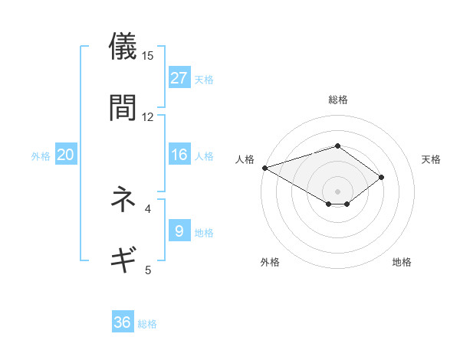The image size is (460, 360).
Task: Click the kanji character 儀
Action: point(123,47)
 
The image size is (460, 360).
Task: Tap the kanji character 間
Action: point(123,108)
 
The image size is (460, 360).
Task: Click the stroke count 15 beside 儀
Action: point(148,55)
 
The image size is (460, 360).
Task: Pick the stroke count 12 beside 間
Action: point(148,116)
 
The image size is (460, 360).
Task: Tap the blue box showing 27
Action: point(179,77)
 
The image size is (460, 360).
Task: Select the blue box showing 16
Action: point(179,155)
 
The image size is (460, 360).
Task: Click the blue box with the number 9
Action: point(179,231)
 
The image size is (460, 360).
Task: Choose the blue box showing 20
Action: point(65,155)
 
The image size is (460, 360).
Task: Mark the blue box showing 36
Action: point(123,322)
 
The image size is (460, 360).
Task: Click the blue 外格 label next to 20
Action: point(41,155)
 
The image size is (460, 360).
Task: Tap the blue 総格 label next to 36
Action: point(147,324)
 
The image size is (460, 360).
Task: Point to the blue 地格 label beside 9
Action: point(204,232)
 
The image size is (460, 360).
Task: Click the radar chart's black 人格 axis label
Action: point(245,159)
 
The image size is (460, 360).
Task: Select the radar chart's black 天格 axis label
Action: point(432,159)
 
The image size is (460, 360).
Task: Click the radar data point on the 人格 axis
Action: point(264,168)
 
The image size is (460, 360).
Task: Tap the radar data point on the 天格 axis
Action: point(381,177)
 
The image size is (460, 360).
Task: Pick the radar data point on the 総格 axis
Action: point(337,146)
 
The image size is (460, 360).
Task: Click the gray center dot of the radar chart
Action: point(337,191)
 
